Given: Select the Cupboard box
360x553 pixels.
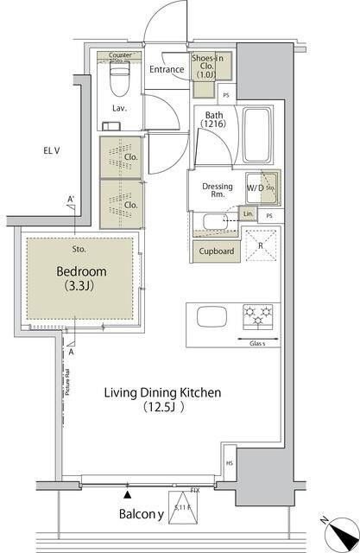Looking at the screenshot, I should (217, 251).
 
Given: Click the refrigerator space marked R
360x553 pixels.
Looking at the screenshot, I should (261, 245).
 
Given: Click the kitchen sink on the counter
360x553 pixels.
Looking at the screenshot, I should (211, 316).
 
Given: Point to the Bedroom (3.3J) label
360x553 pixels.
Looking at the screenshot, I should (78, 276).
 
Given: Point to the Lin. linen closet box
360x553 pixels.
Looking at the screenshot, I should (249, 213).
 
